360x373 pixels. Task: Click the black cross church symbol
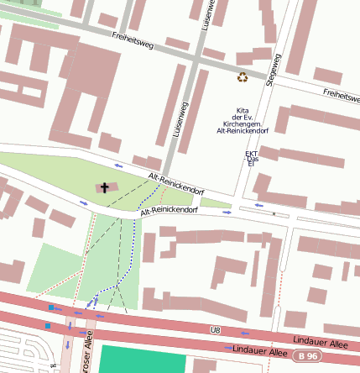(x=105, y=187)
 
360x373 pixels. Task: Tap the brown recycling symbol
(x=243, y=77)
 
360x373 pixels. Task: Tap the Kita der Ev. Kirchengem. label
(x=243, y=120)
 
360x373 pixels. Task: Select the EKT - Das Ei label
(x=251, y=158)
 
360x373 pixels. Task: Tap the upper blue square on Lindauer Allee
(x=51, y=308)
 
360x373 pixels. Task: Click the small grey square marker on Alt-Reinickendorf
(x=274, y=213)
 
